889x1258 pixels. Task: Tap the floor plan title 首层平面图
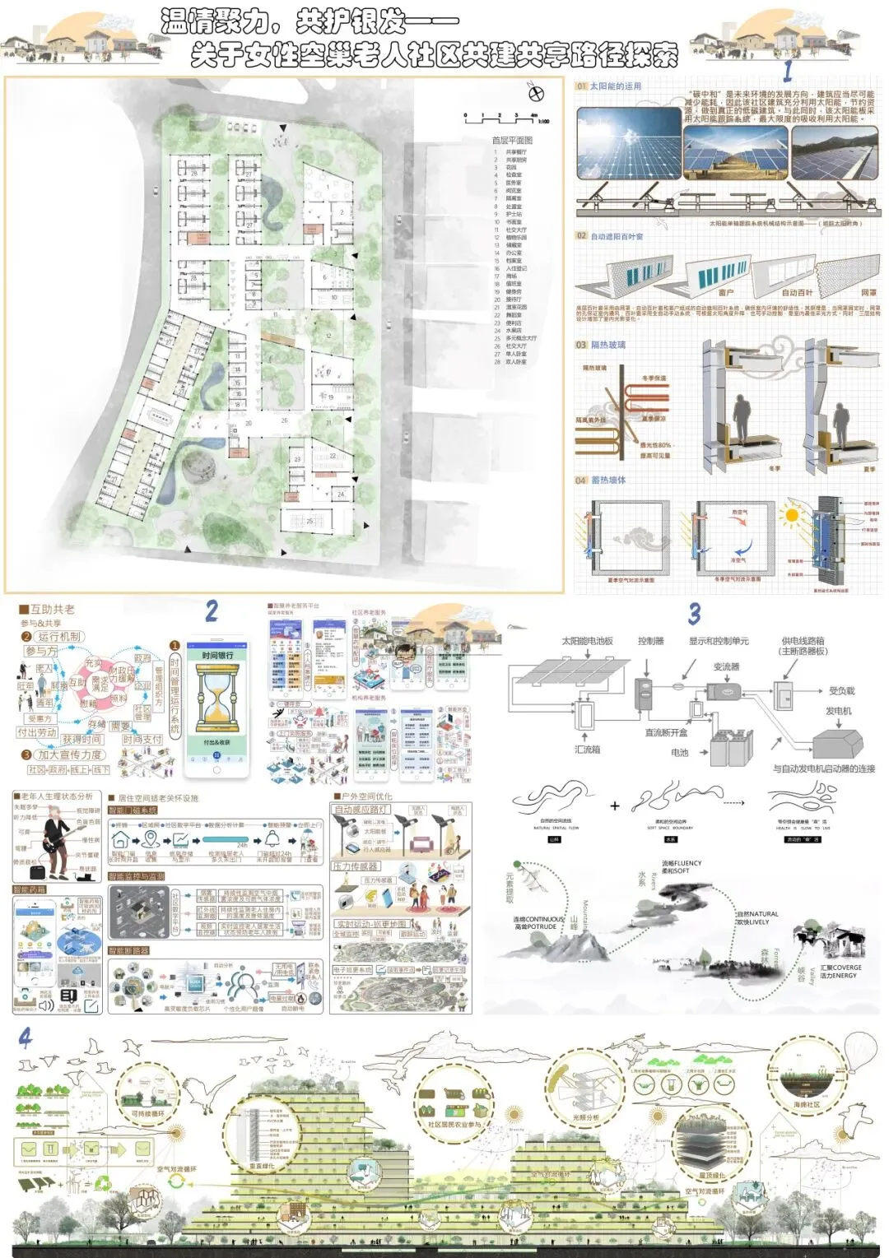click(x=512, y=141)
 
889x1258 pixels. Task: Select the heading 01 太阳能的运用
click(x=609, y=86)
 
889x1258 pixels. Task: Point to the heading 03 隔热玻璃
click(x=602, y=345)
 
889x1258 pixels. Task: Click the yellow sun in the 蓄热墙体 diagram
click(x=792, y=516)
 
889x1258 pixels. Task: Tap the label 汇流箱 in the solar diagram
click(x=587, y=750)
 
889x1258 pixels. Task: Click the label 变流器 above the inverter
click(x=726, y=666)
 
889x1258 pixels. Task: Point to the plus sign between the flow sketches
click(x=614, y=805)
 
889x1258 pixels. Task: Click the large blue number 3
click(x=695, y=614)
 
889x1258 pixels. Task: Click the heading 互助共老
click(x=52, y=610)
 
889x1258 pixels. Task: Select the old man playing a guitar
click(x=56, y=834)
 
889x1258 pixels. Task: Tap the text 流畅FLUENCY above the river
click(x=682, y=863)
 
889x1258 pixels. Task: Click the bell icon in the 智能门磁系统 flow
click(x=272, y=838)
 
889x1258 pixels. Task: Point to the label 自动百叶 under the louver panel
click(x=796, y=292)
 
